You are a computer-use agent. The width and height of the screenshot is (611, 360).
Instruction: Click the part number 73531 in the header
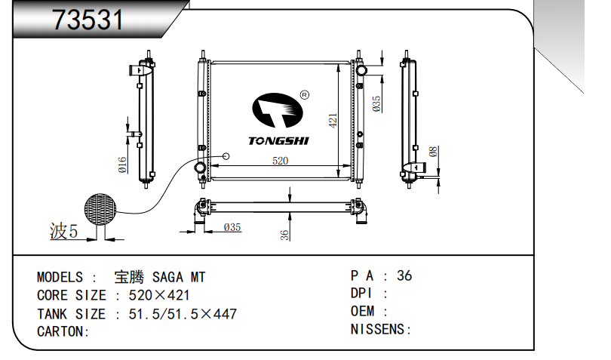pyautogui.click(x=88, y=20)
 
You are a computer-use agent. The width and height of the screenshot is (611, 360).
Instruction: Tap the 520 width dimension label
pyautogui.click(x=280, y=160)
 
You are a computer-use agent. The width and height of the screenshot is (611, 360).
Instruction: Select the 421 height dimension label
pyautogui.click(x=333, y=121)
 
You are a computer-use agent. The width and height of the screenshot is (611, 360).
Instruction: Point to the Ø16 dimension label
pyautogui.click(x=122, y=165)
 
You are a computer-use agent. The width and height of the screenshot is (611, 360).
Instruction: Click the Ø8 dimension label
pyautogui.click(x=433, y=152)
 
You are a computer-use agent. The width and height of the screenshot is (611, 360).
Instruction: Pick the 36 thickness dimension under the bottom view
pyautogui.click(x=284, y=235)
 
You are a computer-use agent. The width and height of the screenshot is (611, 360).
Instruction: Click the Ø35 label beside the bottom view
pyautogui.click(x=232, y=227)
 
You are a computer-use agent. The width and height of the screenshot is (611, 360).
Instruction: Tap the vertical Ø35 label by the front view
pyautogui.click(x=376, y=104)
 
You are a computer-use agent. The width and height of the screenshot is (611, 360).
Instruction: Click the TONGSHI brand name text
pyautogui.click(x=278, y=141)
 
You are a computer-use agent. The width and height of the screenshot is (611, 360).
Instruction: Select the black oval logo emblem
pyautogui.click(x=278, y=110)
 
